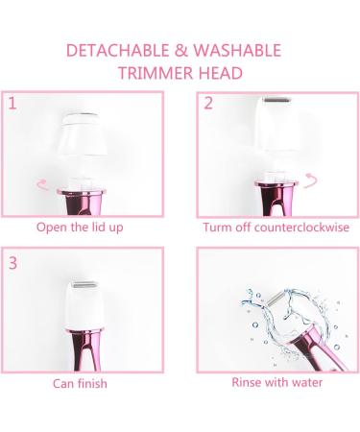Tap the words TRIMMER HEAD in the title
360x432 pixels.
(x=180, y=74)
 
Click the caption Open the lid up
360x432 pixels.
(x=80, y=228)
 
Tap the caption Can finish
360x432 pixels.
(x=80, y=383)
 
